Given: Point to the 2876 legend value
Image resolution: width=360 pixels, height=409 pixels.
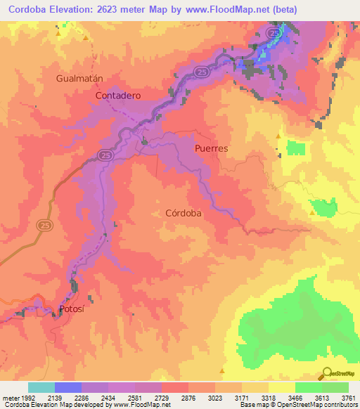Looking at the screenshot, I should click(188, 398).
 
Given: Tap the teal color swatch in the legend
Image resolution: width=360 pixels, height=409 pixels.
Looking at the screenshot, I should click(41, 387).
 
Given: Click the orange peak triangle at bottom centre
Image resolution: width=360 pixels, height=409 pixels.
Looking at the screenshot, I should click(222, 370).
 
